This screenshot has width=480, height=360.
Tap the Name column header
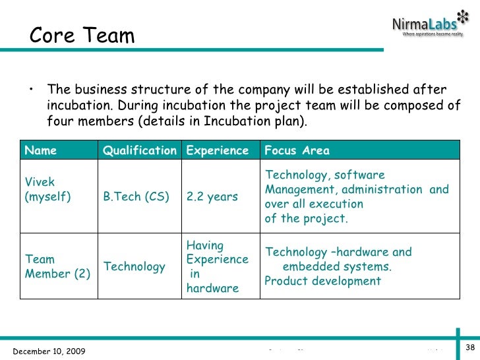point(41,150)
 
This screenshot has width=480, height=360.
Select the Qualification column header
point(139,150)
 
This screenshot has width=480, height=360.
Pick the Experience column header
point(218,150)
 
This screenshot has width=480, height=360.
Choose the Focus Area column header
point(297,150)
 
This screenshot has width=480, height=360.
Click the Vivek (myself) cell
point(48,189)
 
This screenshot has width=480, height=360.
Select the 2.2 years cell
point(212,196)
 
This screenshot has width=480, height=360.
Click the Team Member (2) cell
point(57,267)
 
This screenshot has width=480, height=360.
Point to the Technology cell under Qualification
point(135,266)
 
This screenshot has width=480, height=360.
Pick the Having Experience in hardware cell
point(217,266)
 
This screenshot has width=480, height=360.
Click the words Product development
point(322,281)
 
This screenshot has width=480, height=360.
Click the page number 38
point(471,347)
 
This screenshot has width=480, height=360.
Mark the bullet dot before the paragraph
point(30,90)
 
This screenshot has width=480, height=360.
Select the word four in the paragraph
point(59,121)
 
